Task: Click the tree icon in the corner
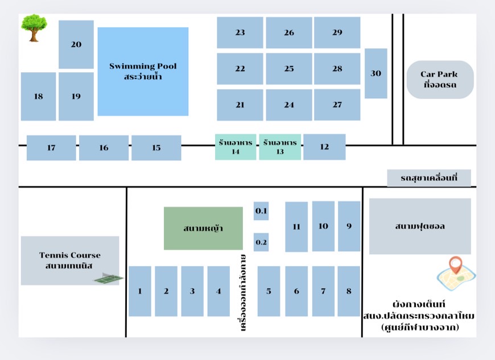pyautogui.click(x=34, y=28)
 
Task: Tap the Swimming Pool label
pyautogui.click(x=143, y=71)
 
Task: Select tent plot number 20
pyautogui.click(x=76, y=44)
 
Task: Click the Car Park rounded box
pyautogui.click(x=440, y=80)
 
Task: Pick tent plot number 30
pyautogui.click(x=376, y=73)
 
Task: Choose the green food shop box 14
pyautogui.click(x=236, y=147)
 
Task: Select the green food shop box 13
pyautogui.click(x=280, y=147)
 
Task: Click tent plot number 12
pyautogui.click(x=324, y=147)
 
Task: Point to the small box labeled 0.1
pyautogui.click(x=261, y=212)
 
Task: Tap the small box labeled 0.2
pyautogui.click(x=261, y=242)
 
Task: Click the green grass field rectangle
pyautogui.click(x=203, y=228)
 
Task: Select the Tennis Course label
pyautogui.click(x=69, y=260)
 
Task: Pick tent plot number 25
pyautogui.click(x=289, y=69)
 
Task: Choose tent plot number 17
pyautogui.click(x=51, y=148)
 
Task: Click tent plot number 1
pyautogui.click(x=140, y=291)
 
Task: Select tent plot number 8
pyautogui.click(x=349, y=291)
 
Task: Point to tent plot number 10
pyautogui.click(x=323, y=226)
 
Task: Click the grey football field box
pyautogui.click(x=420, y=226)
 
